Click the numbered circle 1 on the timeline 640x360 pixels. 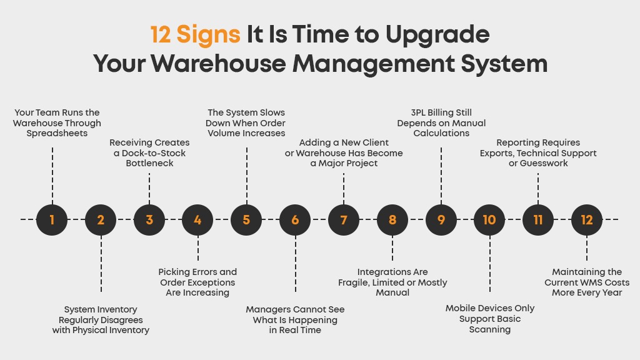[52, 219]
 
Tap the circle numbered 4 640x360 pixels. [197, 219]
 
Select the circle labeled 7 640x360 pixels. [344, 219]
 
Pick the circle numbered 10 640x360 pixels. [489, 219]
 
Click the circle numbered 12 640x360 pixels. [587, 219]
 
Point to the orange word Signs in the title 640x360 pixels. [208, 35]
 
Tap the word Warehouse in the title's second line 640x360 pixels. [219, 64]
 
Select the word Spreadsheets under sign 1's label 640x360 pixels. [57, 134]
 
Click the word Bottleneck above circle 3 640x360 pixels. [150, 163]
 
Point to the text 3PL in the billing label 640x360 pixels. [418, 112]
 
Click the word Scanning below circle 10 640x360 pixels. [490, 329]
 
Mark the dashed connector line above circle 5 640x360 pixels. [246, 176]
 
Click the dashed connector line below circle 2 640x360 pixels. [101, 264]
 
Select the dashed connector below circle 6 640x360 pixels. [295, 264]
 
